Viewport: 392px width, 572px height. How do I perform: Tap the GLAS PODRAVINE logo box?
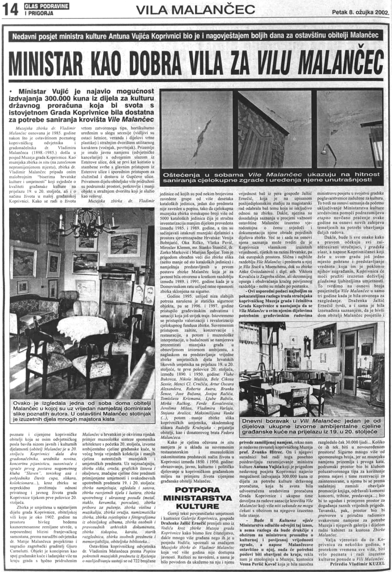(x=46, y=9)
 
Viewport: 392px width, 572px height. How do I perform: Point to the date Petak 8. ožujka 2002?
(x=360, y=12)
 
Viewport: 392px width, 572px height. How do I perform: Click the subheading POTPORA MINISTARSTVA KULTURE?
(x=197, y=498)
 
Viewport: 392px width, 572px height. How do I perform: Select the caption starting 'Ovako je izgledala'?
(x=82, y=411)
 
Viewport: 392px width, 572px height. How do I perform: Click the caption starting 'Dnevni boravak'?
(x=311, y=426)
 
